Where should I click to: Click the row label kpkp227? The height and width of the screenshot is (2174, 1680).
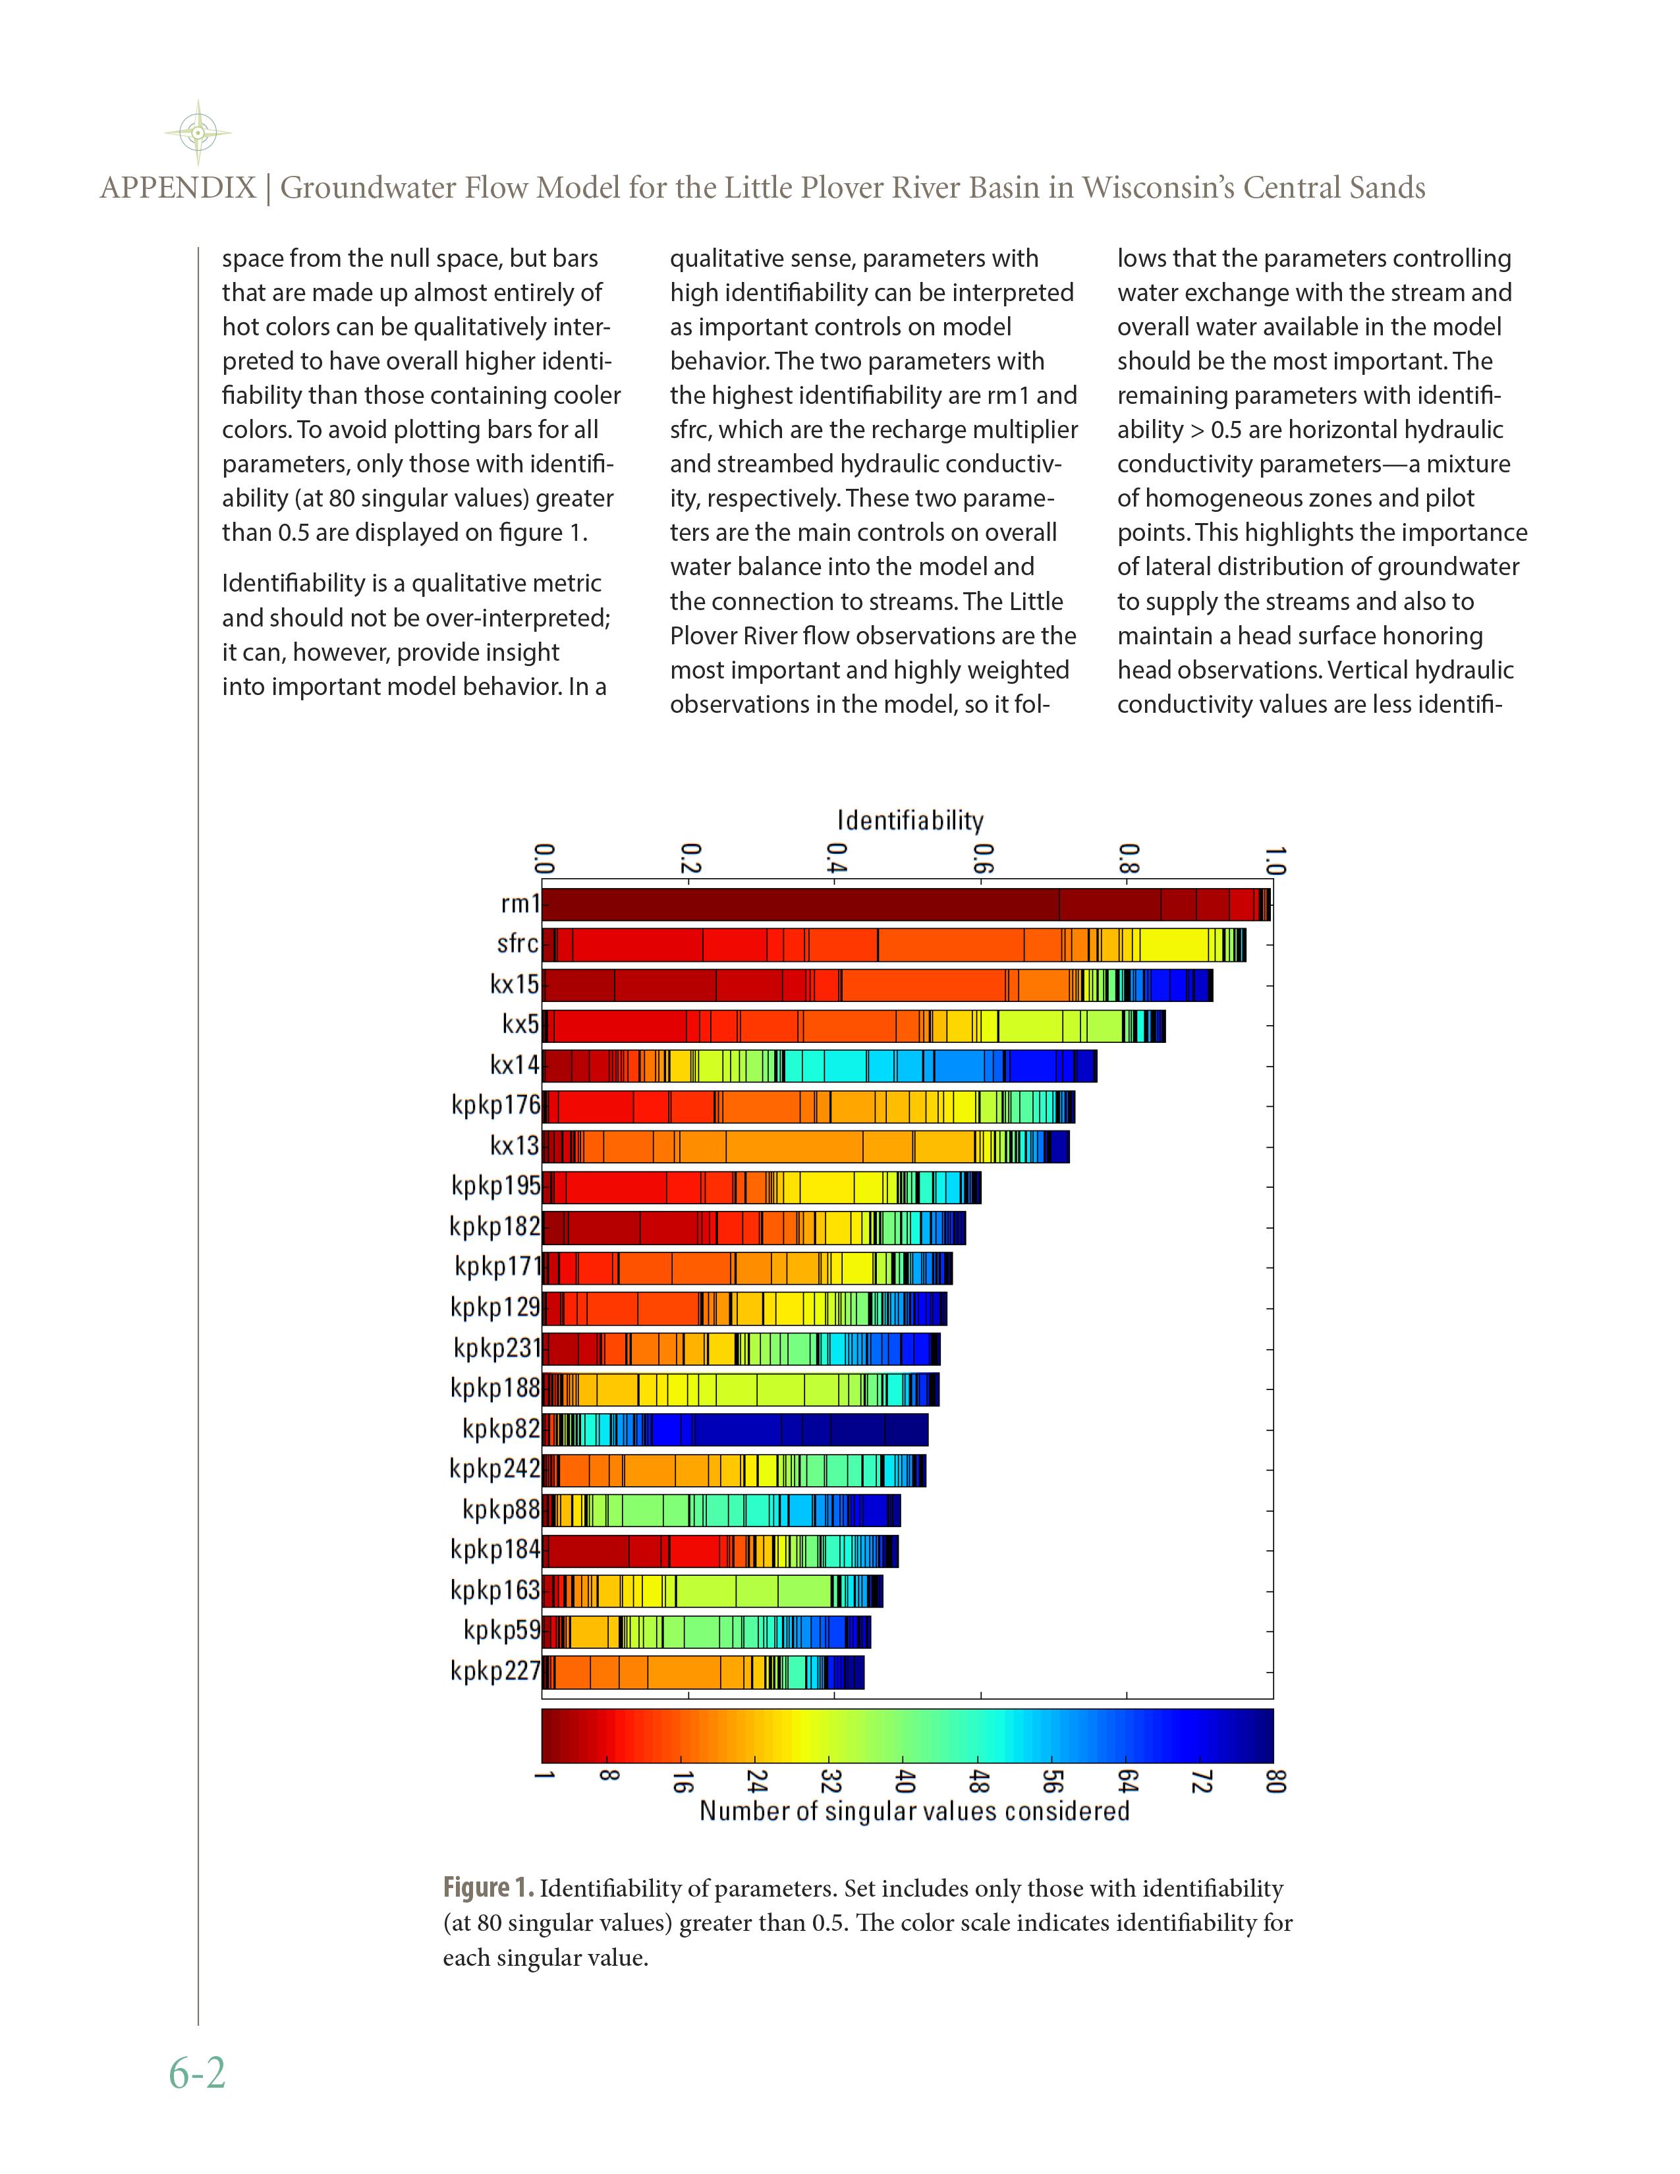(x=495, y=1670)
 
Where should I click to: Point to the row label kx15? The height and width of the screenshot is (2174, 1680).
(x=514, y=984)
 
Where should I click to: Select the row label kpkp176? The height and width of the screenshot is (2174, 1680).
(x=495, y=1105)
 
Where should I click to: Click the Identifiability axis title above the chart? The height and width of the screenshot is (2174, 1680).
(x=910, y=820)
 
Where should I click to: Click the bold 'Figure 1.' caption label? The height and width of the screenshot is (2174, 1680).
(x=488, y=1888)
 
